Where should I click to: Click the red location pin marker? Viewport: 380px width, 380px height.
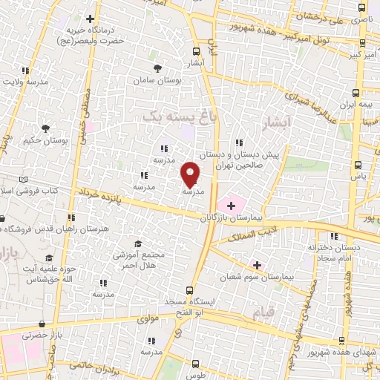pyautogui.click(x=190, y=174)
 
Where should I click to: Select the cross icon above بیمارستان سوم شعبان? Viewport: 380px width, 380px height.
pyautogui.click(x=257, y=265)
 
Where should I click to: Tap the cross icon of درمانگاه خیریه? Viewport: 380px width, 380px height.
pyautogui.click(x=91, y=19)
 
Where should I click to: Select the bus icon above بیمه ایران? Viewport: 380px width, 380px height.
pyautogui.click(x=356, y=93)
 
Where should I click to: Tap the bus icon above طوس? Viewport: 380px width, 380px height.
pyautogui.click(x=195, y=364)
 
